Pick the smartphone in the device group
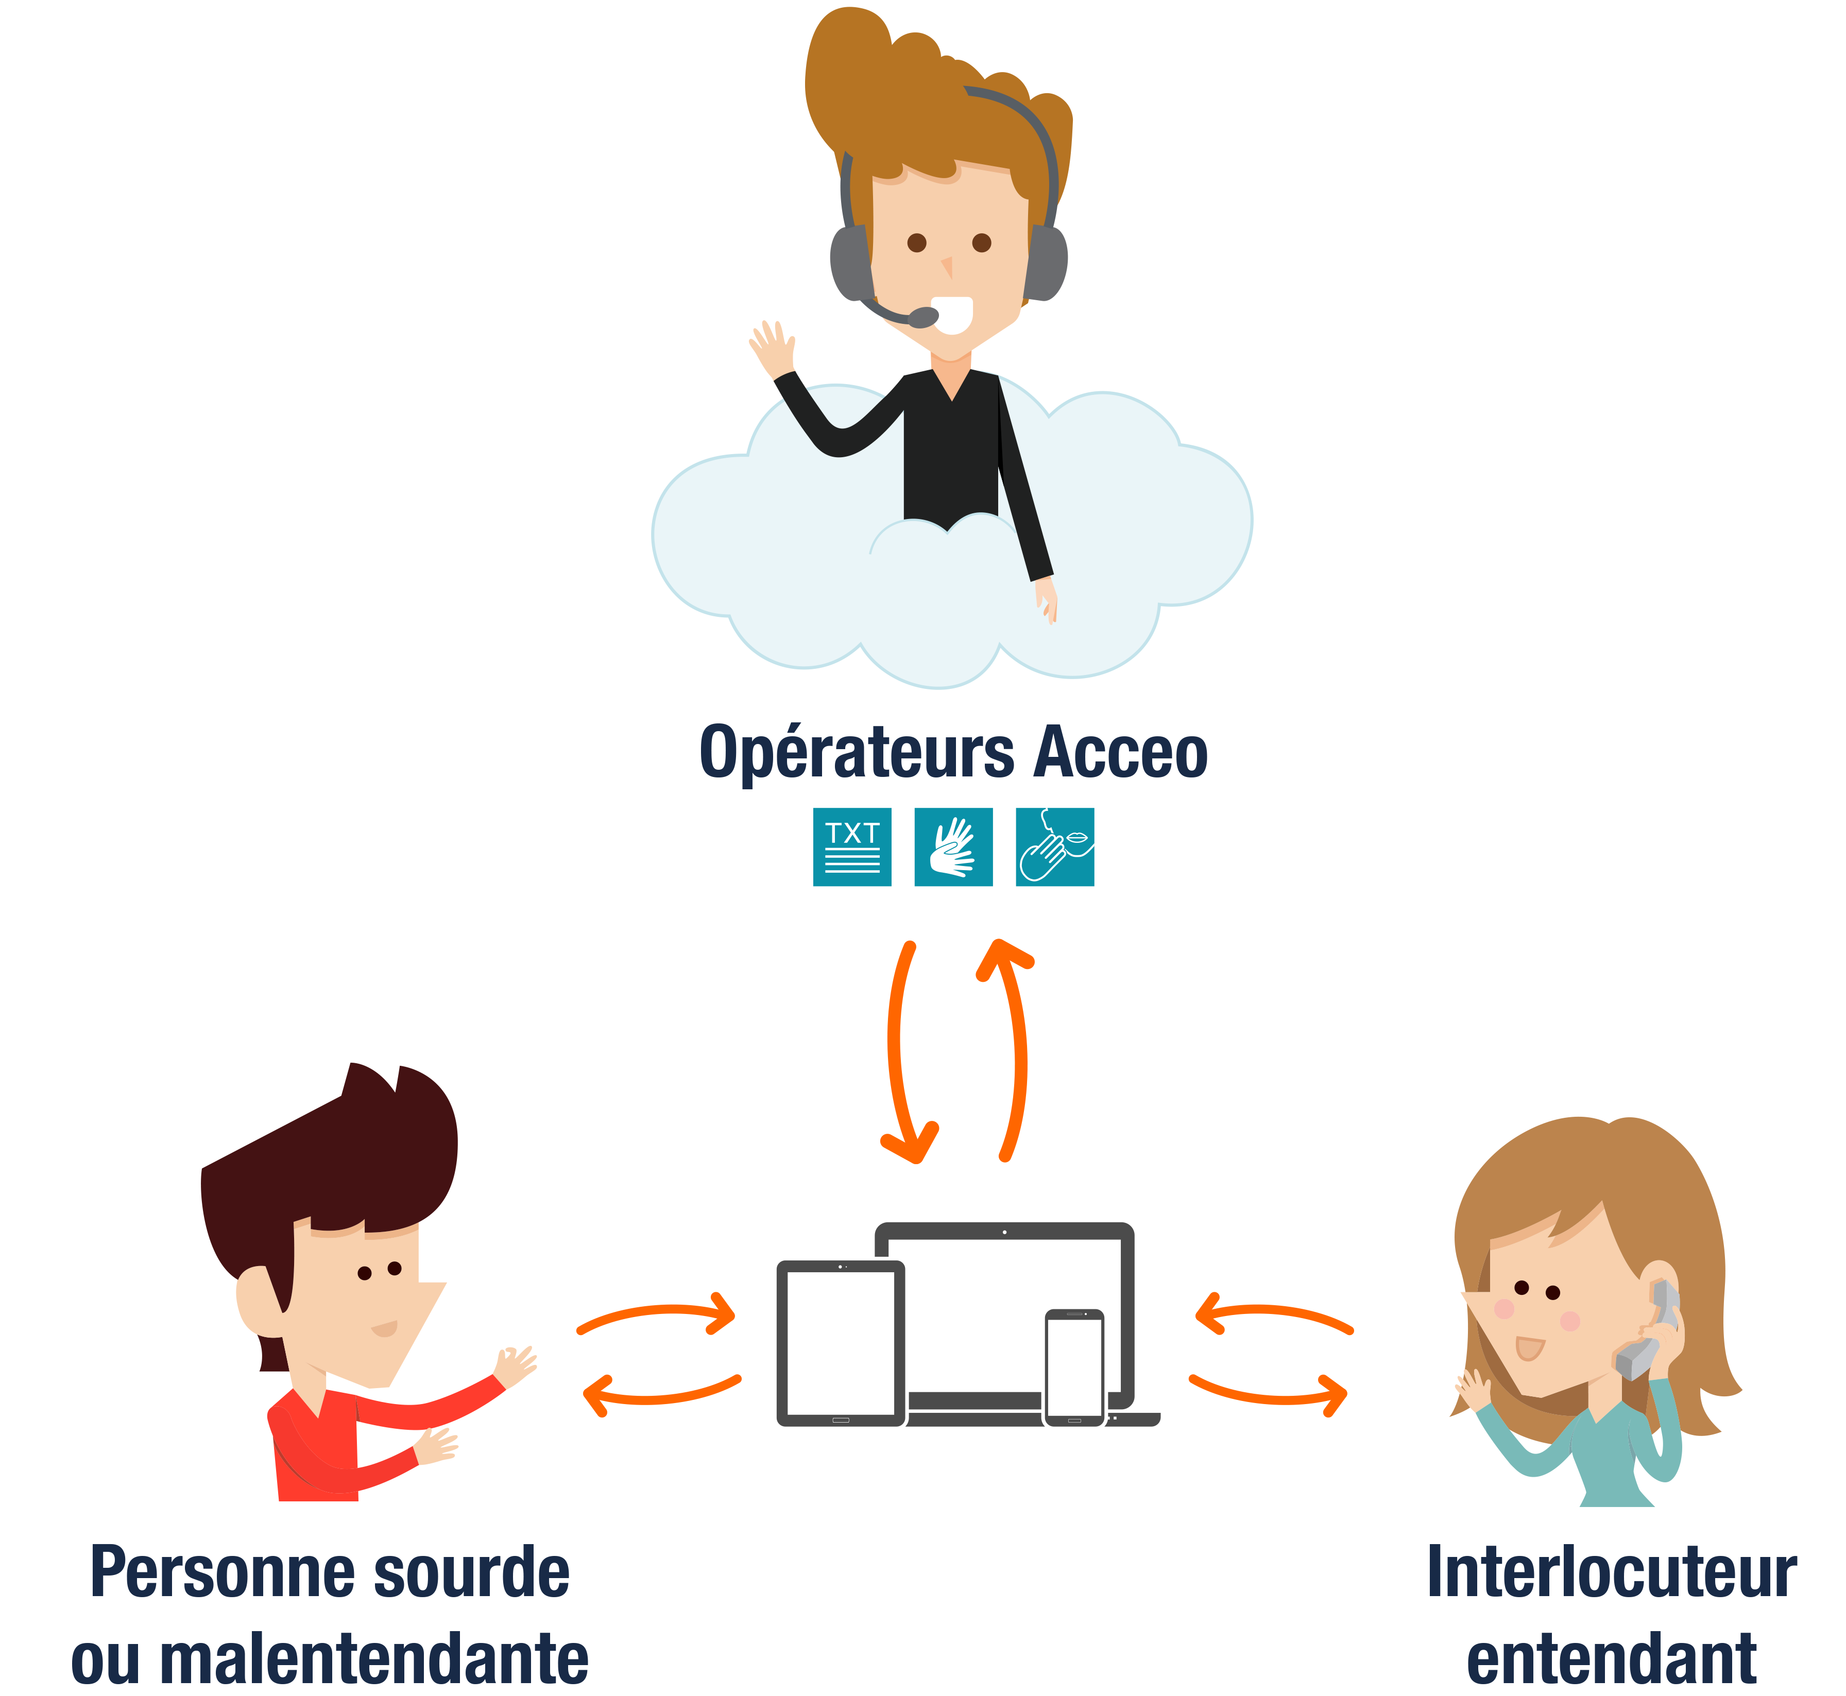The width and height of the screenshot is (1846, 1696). point(1074,1368)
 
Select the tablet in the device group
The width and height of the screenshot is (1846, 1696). point(841,1342)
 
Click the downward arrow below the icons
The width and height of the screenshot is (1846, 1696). point(903,1055)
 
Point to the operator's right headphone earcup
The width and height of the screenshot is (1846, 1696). point(1047,262)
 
